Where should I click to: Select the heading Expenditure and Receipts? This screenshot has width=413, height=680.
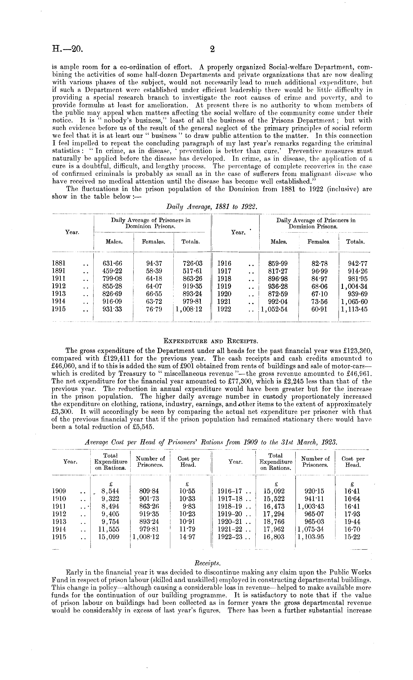coord(211,341)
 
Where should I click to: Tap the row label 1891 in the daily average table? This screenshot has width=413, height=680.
coord(59,271)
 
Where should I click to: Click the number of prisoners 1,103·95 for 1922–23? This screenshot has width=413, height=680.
coord(311,537)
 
